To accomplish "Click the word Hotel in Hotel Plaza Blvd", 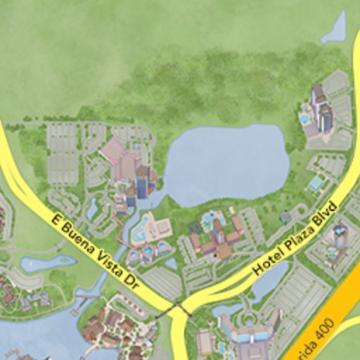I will coord(268,260).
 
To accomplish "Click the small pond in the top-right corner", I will coord(335,30).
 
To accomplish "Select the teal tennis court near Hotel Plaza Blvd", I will coord(315,184).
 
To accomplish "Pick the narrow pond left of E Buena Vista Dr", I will coord(46,263).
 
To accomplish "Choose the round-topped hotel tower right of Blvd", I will coord(340,236).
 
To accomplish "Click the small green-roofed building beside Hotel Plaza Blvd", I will coord(285,218).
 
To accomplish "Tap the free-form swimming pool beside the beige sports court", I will coord(141,229).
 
